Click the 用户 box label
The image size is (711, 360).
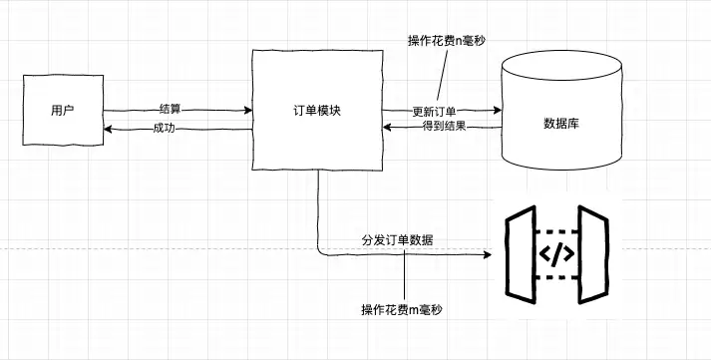(x=63, y=110)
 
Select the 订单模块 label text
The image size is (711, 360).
(x=317, y=111)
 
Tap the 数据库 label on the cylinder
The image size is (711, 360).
(x=561, y=124)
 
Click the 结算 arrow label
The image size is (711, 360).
(x=171, y=109)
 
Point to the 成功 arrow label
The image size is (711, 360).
(x=165, y=129)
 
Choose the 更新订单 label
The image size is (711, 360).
(x=435, y=112)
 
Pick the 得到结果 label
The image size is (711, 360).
(x=445, y=127)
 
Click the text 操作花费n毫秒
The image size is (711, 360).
(x=447, y=41)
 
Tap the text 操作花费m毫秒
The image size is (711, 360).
(x=402, y=310)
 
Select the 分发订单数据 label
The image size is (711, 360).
(x=397, y=240)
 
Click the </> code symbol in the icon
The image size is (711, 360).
(x=556, y=254)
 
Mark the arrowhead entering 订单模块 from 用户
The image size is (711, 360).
(x=248, y=110)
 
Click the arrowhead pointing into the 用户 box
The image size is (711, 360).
(x=108, y=130)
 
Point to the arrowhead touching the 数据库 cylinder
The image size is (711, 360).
(x=497, y=110)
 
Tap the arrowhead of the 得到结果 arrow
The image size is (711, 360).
(x=387, y=128)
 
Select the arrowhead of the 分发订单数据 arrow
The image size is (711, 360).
(x=488, y=255)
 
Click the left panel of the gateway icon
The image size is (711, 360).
(x=521, y=254)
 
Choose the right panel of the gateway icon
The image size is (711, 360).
(x=593, y=254)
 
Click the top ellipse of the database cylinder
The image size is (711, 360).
(x=561, y=65)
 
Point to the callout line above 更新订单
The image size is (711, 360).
(x=442, y=75)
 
